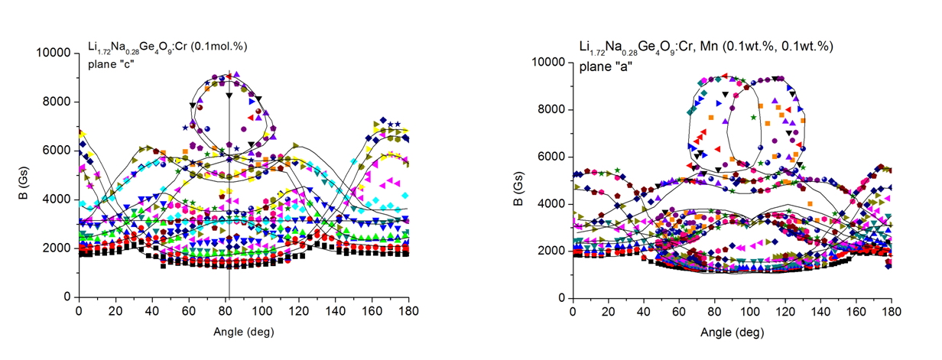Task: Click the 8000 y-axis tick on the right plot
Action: coord(553,109)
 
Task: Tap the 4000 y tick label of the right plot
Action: coord(553,204)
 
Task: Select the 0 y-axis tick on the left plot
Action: coord(68,297)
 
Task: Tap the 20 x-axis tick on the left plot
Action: coord(115,313)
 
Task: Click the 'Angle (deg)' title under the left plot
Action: coord(242,332)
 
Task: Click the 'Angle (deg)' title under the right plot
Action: coord(736,333)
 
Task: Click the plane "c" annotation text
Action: coord(111,63)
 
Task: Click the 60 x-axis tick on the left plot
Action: coord(188,313)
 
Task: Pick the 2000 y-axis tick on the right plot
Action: coord(553,251)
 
